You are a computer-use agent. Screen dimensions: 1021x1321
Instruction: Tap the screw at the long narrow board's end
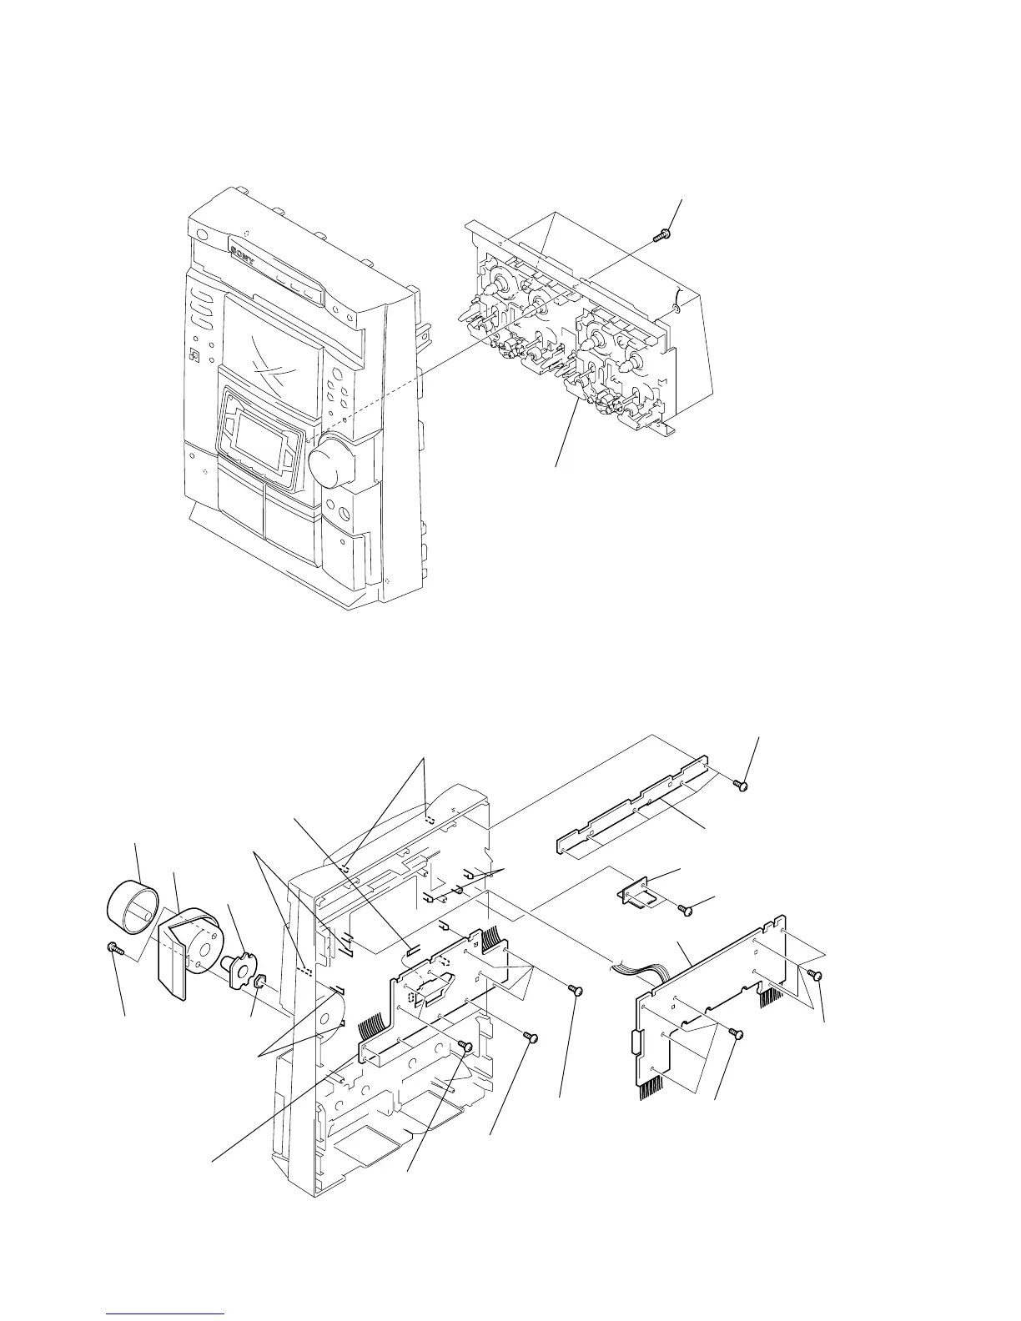pos(740,784)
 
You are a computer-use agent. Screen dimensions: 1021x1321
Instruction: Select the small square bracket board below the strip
pos(637,895)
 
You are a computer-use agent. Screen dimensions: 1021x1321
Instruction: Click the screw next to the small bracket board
pos(682,910)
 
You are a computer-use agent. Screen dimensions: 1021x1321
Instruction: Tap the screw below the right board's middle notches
pos(734,1032)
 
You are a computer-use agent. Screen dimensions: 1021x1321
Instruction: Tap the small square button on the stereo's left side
pos(194,356)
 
